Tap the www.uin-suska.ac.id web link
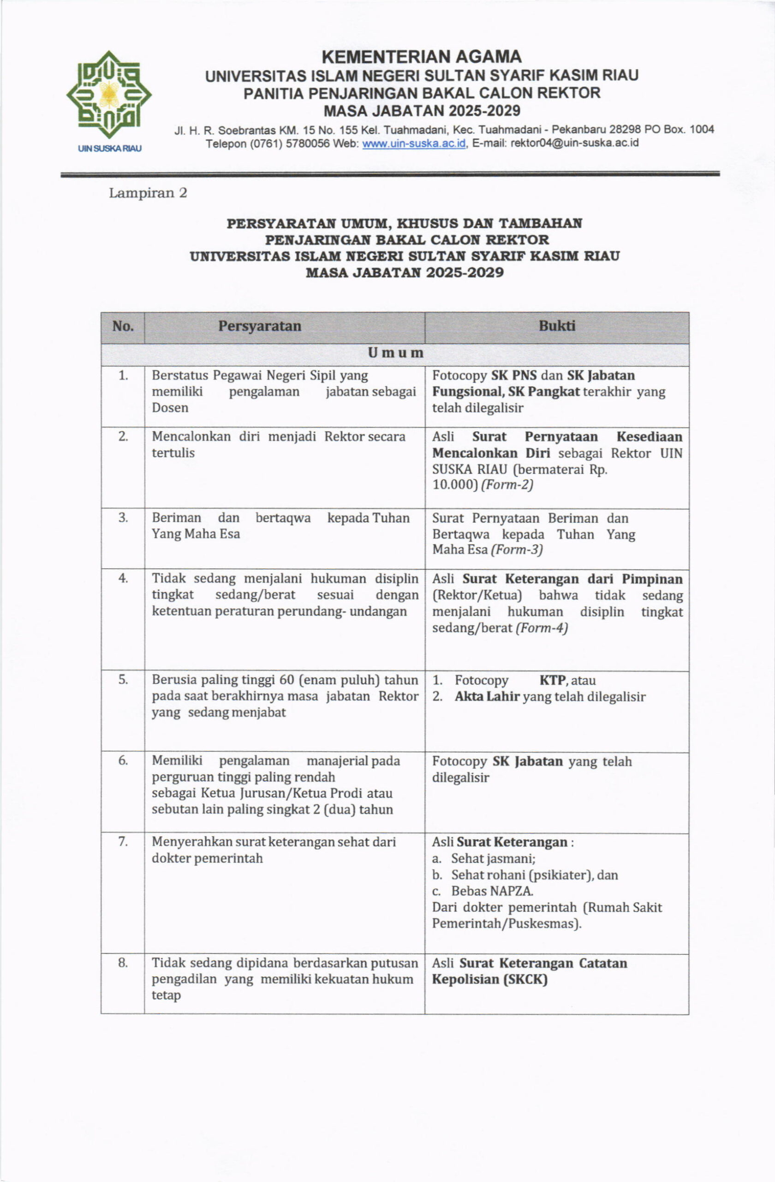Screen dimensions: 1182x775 click(x=414, y=144)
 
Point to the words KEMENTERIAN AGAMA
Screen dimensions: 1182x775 click(x=421, y=57)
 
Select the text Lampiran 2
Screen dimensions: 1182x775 click(x=148, y=193)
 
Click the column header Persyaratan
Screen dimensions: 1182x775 click(x=260, y=326)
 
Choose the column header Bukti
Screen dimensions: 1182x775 click(x=557, y=326)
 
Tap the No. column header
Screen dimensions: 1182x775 click(x=123, y=326)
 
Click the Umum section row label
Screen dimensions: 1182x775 click(x=395, y=353)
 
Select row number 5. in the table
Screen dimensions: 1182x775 click(x=123, y=679)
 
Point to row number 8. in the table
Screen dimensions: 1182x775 click(x=123, y=963)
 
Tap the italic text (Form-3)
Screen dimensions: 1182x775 click(x=517, y=550)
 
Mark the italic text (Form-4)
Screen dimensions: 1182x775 click(x=541, y=628)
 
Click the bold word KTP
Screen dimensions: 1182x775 click(x=552, y=680)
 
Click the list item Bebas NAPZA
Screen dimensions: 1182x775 click(x=492, y=891)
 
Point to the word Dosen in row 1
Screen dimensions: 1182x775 click(x=170, y=408)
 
